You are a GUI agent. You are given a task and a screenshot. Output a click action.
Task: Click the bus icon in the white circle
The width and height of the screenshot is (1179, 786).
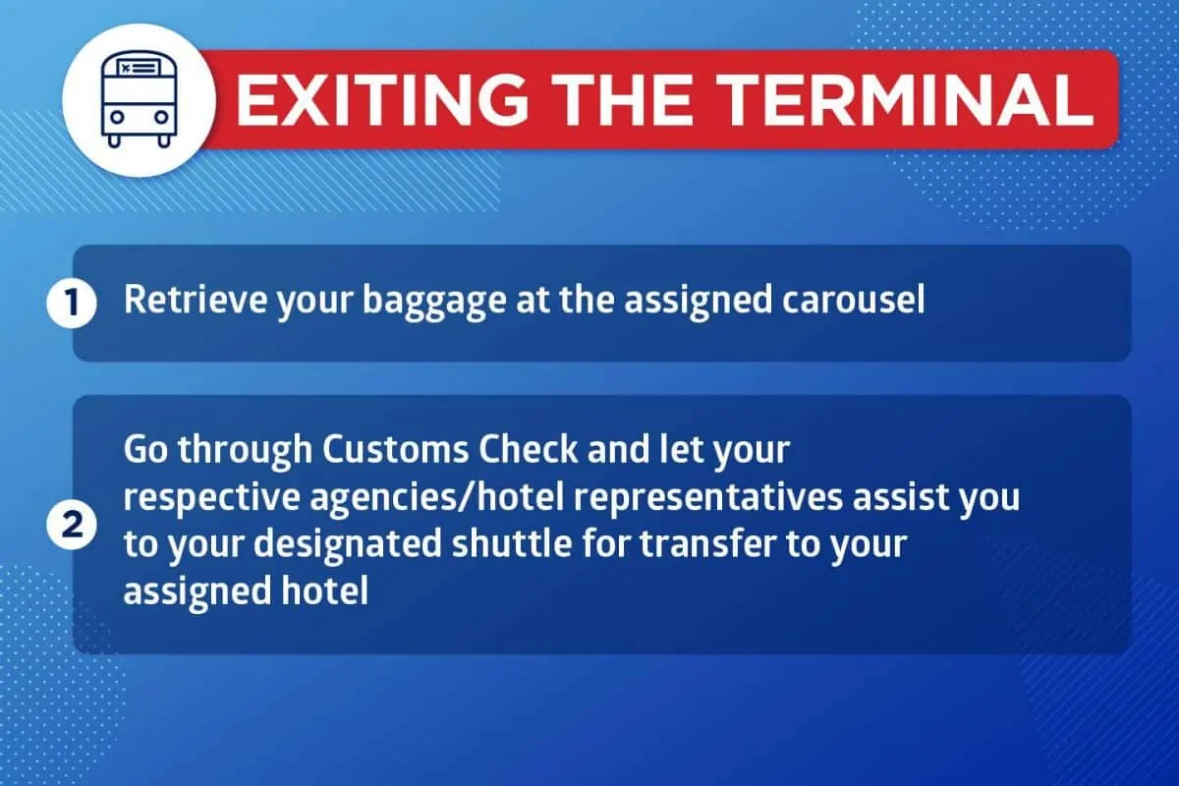pyautogui.click(x=139, y=99)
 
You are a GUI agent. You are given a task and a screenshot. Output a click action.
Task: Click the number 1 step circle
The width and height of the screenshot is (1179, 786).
pyautogui.click(x=72, y=304)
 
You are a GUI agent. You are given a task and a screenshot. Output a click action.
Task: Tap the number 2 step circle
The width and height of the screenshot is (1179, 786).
pyautogui.click(x=72, y=525)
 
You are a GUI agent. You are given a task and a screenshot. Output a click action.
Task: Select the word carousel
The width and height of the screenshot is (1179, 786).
pyautogui.click(x=853, y=300)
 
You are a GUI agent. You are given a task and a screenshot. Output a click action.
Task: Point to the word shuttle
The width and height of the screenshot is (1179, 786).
pyautogui.click(x=512, y=544)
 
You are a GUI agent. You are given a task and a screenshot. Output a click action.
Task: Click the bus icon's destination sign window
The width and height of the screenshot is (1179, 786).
pyautogui.click(x=139, y=68)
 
